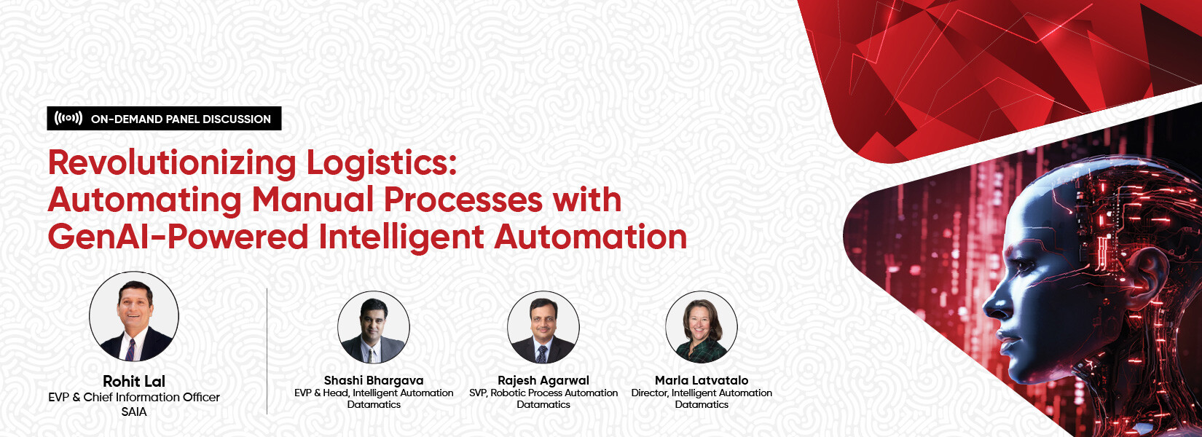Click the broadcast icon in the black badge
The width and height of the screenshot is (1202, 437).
pyautogui.click(x=68, y=119)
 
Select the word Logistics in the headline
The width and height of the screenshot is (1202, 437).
pyautogui.click(x=381, y=164)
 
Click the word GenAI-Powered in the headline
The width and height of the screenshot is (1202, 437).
pyautogui.click(x=178, y=237)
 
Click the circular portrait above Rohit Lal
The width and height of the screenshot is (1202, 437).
pyautogui.click(x=133, y=316)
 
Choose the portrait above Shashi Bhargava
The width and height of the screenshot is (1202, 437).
pyautogui.click(x=374, y=327)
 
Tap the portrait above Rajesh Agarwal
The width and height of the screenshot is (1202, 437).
pyautogui.click(x=543, y=327)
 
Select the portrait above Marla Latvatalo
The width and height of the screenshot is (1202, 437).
pyautogui.click(x=702, y=327)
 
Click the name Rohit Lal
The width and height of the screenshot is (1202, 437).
pyautogui.click(x=133, y=381)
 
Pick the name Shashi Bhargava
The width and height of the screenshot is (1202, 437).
pyautogui.click(x=374, y=380)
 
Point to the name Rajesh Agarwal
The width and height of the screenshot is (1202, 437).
pyautogui.click(x=543, y=380)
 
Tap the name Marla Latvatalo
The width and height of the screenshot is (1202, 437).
pyautogui.click(x=702, y=380)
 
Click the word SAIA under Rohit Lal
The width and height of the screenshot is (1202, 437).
pyautogui.click(x=133, y=412)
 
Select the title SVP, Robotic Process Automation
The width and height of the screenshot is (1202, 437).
pyautogui.click(x=543, y=393)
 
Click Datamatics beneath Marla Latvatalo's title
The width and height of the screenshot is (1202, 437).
pyautogui.click(x=702, y=405)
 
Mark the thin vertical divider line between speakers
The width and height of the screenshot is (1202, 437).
pyautogui.click(x=267, y=351)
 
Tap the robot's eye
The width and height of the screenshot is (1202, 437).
pyautogui.click(x=1024, y=265)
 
